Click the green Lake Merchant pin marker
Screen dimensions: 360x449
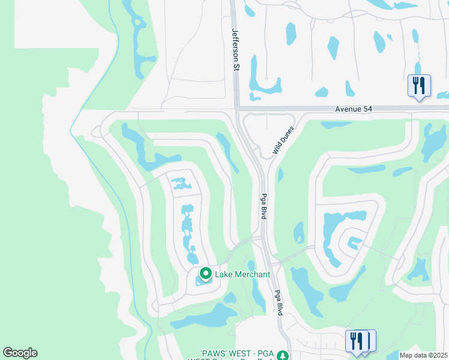205,274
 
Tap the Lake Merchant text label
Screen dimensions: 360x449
243,274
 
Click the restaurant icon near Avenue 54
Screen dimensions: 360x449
419,85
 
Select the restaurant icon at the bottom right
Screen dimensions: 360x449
358,341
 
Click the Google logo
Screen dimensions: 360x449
20,353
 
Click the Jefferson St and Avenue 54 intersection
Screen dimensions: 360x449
235,109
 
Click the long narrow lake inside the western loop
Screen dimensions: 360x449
188,231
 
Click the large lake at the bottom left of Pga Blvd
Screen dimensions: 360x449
204,318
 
